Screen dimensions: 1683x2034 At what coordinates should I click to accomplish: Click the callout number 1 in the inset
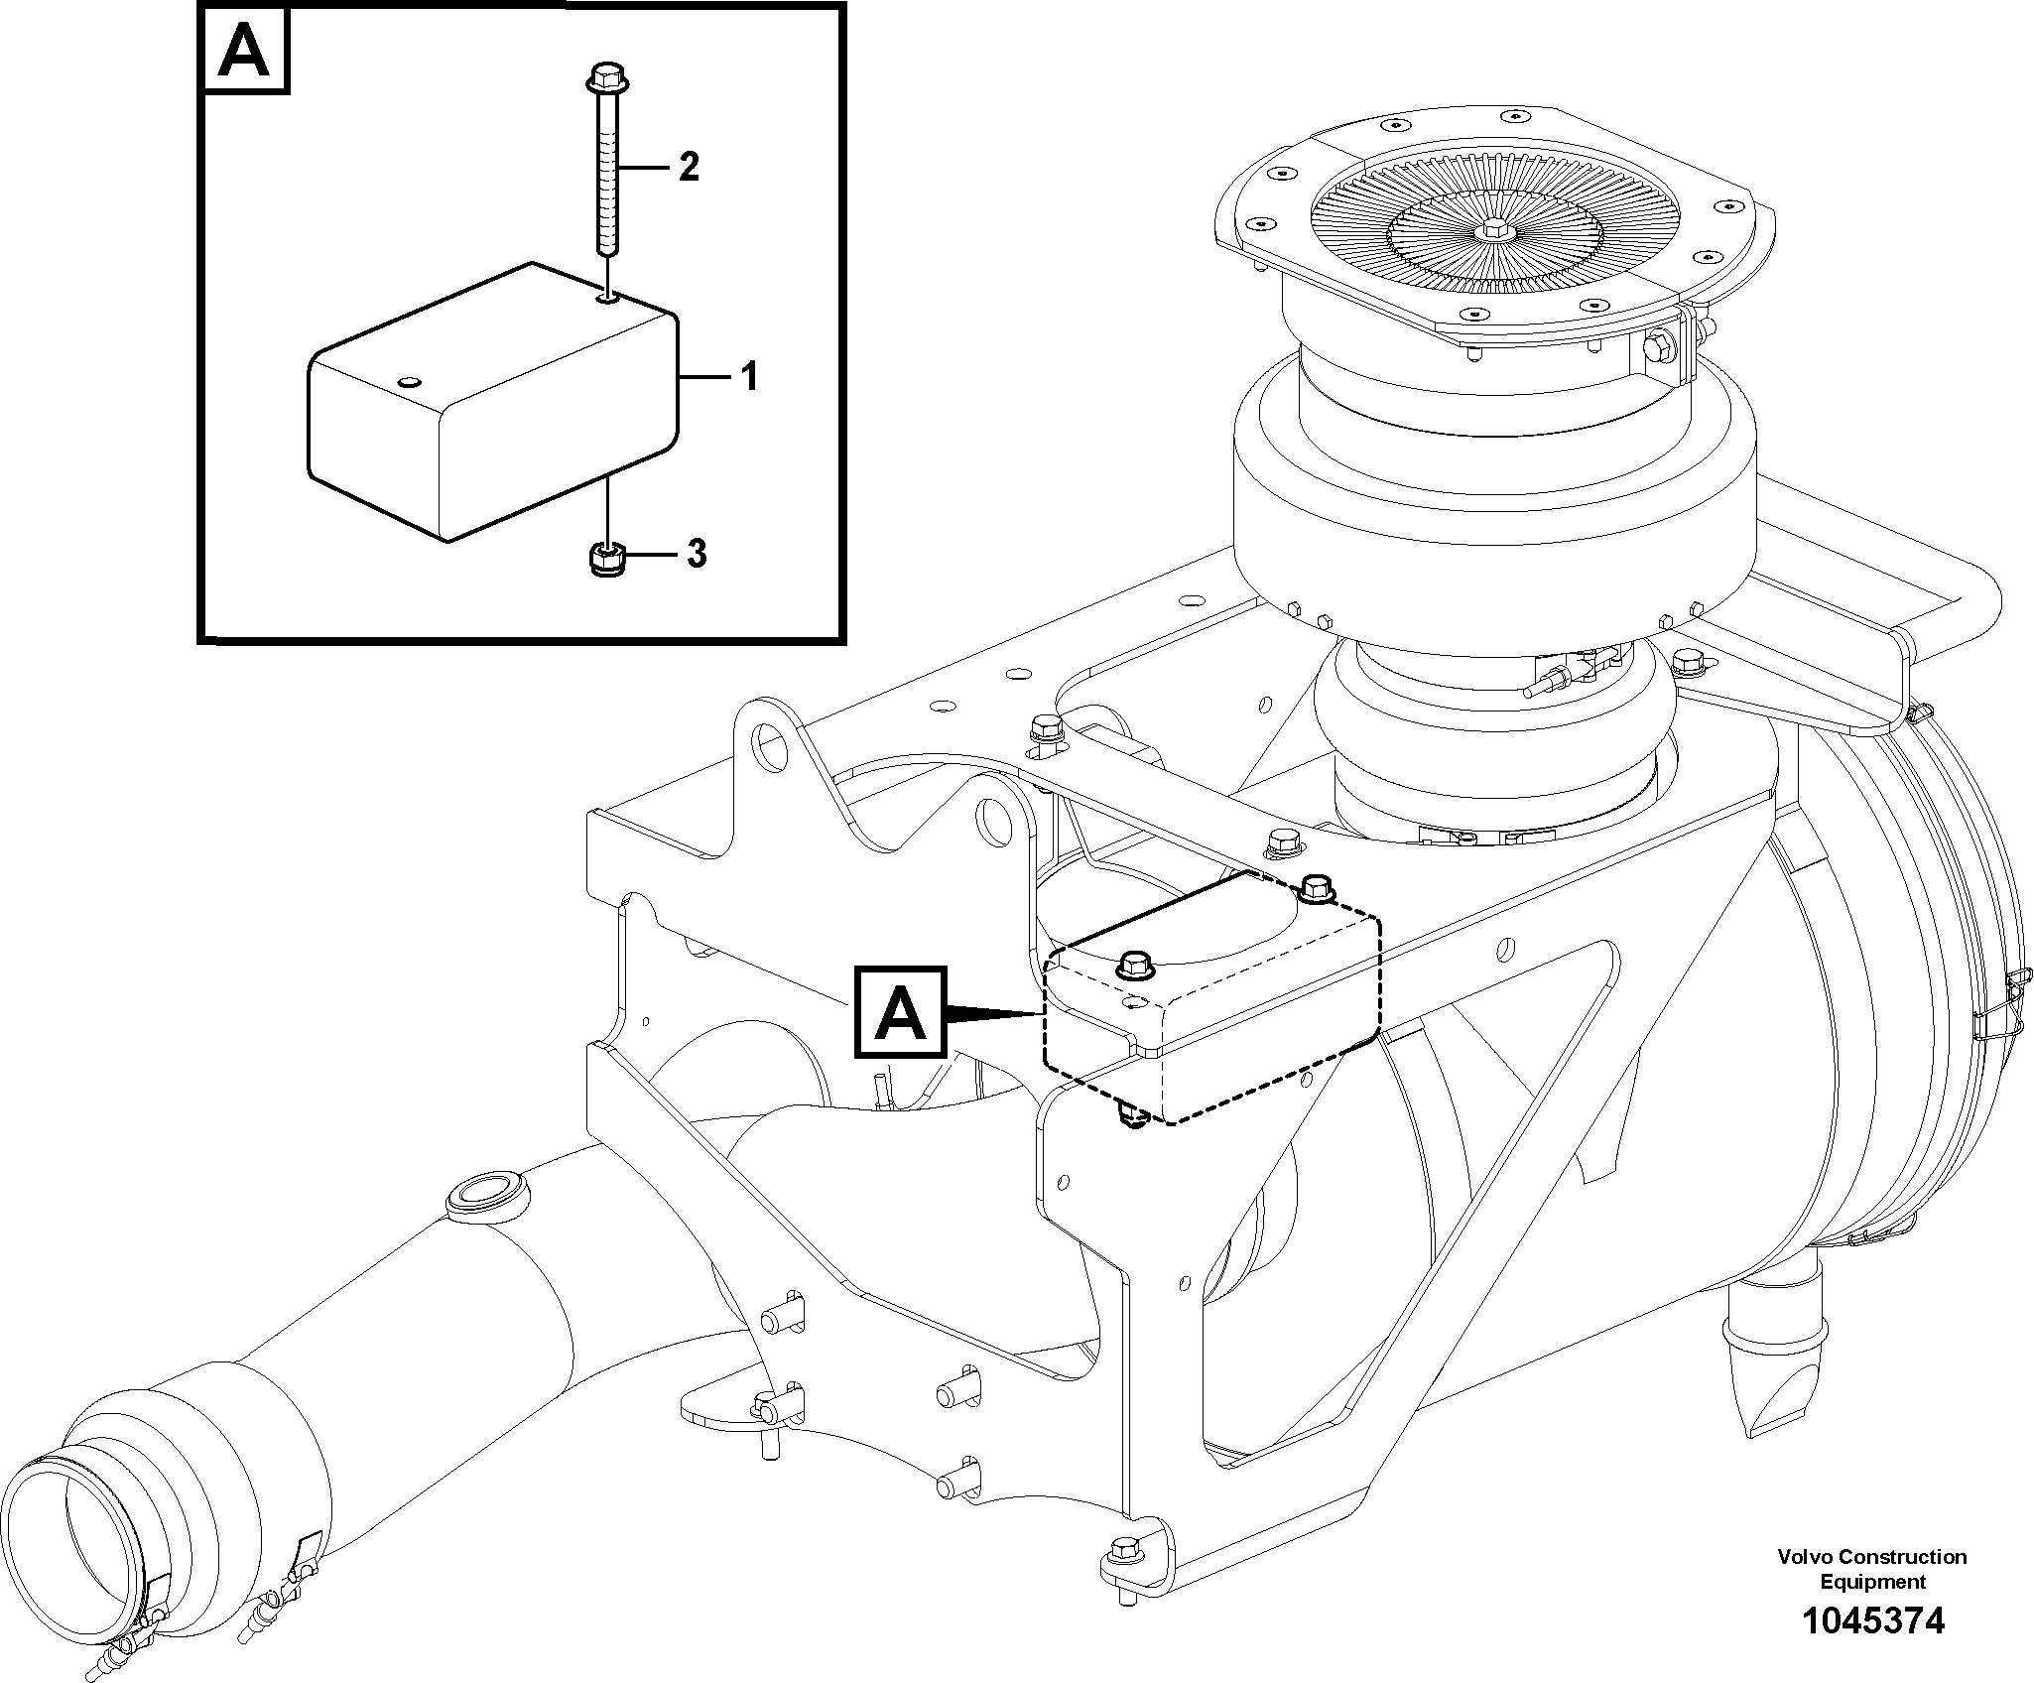click(749, 377)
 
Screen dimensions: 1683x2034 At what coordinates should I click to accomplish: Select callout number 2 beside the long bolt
click(689, 167)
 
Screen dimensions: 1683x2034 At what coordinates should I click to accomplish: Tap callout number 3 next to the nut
click(697, 554)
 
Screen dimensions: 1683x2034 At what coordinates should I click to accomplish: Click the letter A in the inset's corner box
click(245, 52)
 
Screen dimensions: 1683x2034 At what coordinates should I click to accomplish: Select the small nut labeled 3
click(606, 559)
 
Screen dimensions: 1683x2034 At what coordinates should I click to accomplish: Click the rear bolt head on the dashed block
click(1315, 885)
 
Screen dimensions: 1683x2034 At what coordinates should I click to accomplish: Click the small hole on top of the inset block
click(409, 382)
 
